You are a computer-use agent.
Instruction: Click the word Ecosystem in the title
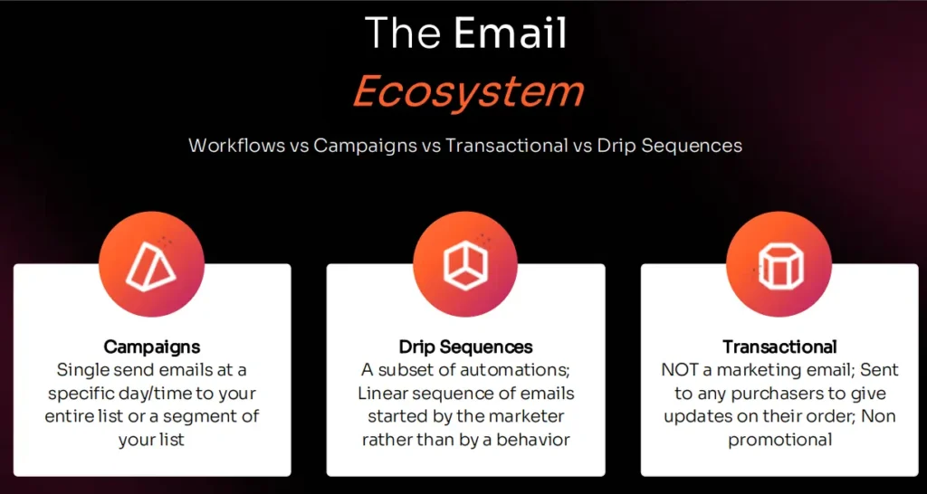pos(468,92)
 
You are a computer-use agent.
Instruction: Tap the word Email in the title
pos(511,34)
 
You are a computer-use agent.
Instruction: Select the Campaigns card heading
pos(152,347)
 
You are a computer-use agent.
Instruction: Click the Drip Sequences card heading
pos(465,347)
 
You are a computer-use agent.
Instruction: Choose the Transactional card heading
pos(779,347)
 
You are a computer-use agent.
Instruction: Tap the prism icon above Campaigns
pos(152,263)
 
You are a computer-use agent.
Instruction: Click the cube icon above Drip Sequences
pos(465,263)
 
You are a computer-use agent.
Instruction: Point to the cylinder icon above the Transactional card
pos(779,263)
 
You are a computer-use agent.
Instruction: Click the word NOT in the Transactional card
pos(682,370)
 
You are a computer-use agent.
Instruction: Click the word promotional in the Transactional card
pos(779,441)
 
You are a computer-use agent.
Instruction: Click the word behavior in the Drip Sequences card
pos(534,441)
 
